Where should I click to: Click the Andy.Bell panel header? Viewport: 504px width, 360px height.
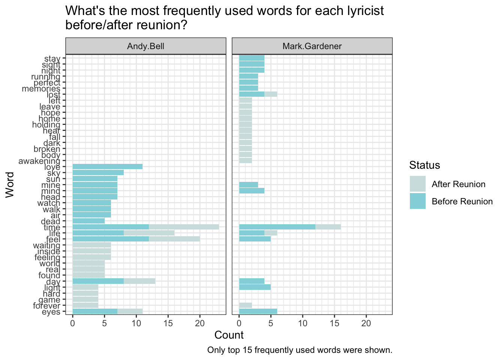145,46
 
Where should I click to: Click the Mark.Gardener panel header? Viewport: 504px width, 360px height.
312,46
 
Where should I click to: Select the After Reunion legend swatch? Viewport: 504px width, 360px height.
417,184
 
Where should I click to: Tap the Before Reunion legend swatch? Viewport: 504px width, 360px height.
417,201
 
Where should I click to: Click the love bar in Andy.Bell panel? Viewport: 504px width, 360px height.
107,167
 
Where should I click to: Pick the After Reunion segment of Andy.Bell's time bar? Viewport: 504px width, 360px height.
184,227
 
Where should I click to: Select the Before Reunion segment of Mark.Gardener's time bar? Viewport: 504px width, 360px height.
277,227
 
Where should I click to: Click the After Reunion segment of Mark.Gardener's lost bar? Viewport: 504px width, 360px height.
271,94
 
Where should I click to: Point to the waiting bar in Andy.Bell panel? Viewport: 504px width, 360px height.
91,245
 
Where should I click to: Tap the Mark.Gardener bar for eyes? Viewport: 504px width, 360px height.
258,312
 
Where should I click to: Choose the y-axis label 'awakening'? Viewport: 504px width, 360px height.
39,161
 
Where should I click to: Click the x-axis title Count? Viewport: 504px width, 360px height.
229,335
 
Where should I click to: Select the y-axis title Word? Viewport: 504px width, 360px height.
10,184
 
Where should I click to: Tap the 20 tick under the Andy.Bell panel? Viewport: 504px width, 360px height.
200,323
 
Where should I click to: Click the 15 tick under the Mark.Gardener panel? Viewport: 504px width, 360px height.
334,323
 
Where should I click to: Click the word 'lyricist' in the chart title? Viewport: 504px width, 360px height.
360,11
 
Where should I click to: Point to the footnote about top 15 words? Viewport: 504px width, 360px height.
300,350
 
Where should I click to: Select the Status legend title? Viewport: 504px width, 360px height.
424,165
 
